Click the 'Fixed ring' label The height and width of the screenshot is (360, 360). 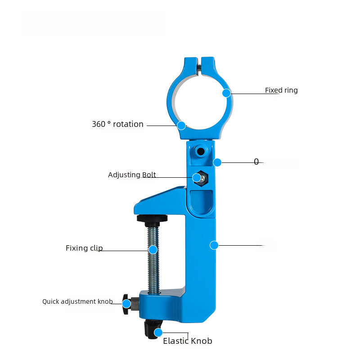pyautogui.click(x=281, y=90)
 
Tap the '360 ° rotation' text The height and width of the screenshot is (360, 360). pyautogui.click(x=117, y=124)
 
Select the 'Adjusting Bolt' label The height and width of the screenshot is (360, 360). pyautogui.click(x=132, y=175)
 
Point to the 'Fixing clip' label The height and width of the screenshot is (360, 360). pyautogui.click(x=84, y=248)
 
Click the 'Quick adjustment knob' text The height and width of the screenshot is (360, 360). pyautogui.click(x=77, y=301)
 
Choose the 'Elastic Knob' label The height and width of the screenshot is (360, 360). pyautogui.click(x=187, y=341)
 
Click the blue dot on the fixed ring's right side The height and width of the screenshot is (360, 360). pyautogui.click(x=226, y=93)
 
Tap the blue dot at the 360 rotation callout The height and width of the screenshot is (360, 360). pyautogui.click(x=181, y=126)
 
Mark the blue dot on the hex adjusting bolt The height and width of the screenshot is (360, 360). pyautogui.click(x=197, y=178)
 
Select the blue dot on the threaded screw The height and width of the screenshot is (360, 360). pyautogui.click(x=153, y=250)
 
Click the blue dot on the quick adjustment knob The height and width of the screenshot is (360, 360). pyautogui.click(x=126, y=304)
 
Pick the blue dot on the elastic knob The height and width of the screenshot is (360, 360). pyautogui.click(x=158, y=333)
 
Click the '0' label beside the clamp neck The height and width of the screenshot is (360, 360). pyautogui.click(x=256, y=162)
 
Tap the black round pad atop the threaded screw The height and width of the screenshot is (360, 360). pyautogui.click(x=152, y=219)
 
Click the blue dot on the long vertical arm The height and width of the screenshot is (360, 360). pyautogui.click(x=214, y=245)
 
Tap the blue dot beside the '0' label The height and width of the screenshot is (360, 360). pyautogui.click(x=217, y=162)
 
